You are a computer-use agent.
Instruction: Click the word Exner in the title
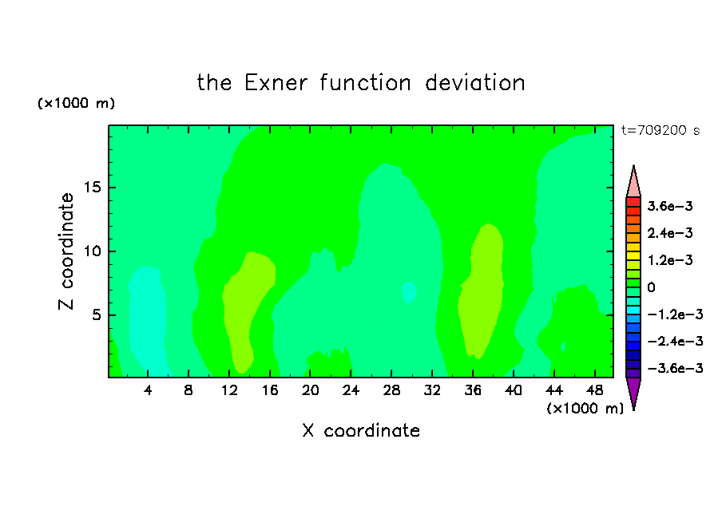[276, 83]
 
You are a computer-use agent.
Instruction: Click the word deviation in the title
[475, 83]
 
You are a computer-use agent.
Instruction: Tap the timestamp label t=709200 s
[661, 130]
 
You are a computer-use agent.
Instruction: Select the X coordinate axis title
[361, 430]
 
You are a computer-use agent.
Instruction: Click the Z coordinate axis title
[66, 251]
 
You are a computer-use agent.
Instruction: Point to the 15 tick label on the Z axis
[92, 188]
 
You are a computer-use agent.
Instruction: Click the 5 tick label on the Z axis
[96, 314]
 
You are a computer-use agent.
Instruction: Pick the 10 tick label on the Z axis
[92, 251]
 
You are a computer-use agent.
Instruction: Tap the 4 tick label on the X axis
[148, 390]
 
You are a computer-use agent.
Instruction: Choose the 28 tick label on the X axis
[391, 390]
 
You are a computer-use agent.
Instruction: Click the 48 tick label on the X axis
[594, 390]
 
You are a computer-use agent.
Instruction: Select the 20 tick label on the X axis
[311, 390]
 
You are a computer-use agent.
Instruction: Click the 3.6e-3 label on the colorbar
[670, 206]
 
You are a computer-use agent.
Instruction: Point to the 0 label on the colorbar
[651, 287]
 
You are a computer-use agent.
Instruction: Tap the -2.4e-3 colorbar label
[675, 341]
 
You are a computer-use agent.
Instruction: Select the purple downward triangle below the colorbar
[633, 391]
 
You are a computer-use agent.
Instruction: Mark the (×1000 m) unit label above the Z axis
[76, 103]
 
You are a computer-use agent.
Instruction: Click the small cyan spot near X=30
[409, 292]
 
